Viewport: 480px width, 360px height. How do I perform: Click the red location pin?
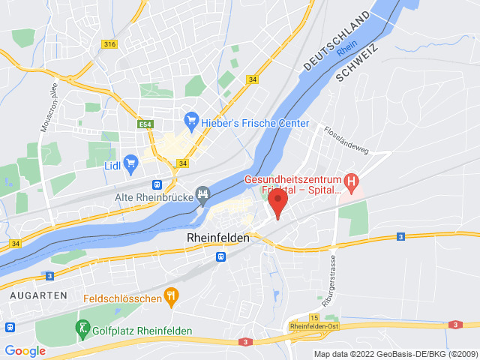click(x=277, y=201)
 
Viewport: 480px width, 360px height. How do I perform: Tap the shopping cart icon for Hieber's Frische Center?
click(x=191, y=119)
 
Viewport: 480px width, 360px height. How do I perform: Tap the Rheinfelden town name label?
click(x=217, y=236)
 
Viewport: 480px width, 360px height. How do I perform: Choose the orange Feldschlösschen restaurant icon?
click(x=172, y=298)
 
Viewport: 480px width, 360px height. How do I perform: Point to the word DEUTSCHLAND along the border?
click(x=337, y=42)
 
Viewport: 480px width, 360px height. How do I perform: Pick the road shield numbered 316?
click(x=110, y=44)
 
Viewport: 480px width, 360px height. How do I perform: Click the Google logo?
click(x=25, y=350)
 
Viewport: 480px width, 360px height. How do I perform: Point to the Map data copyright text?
click(x=395, y=354)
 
